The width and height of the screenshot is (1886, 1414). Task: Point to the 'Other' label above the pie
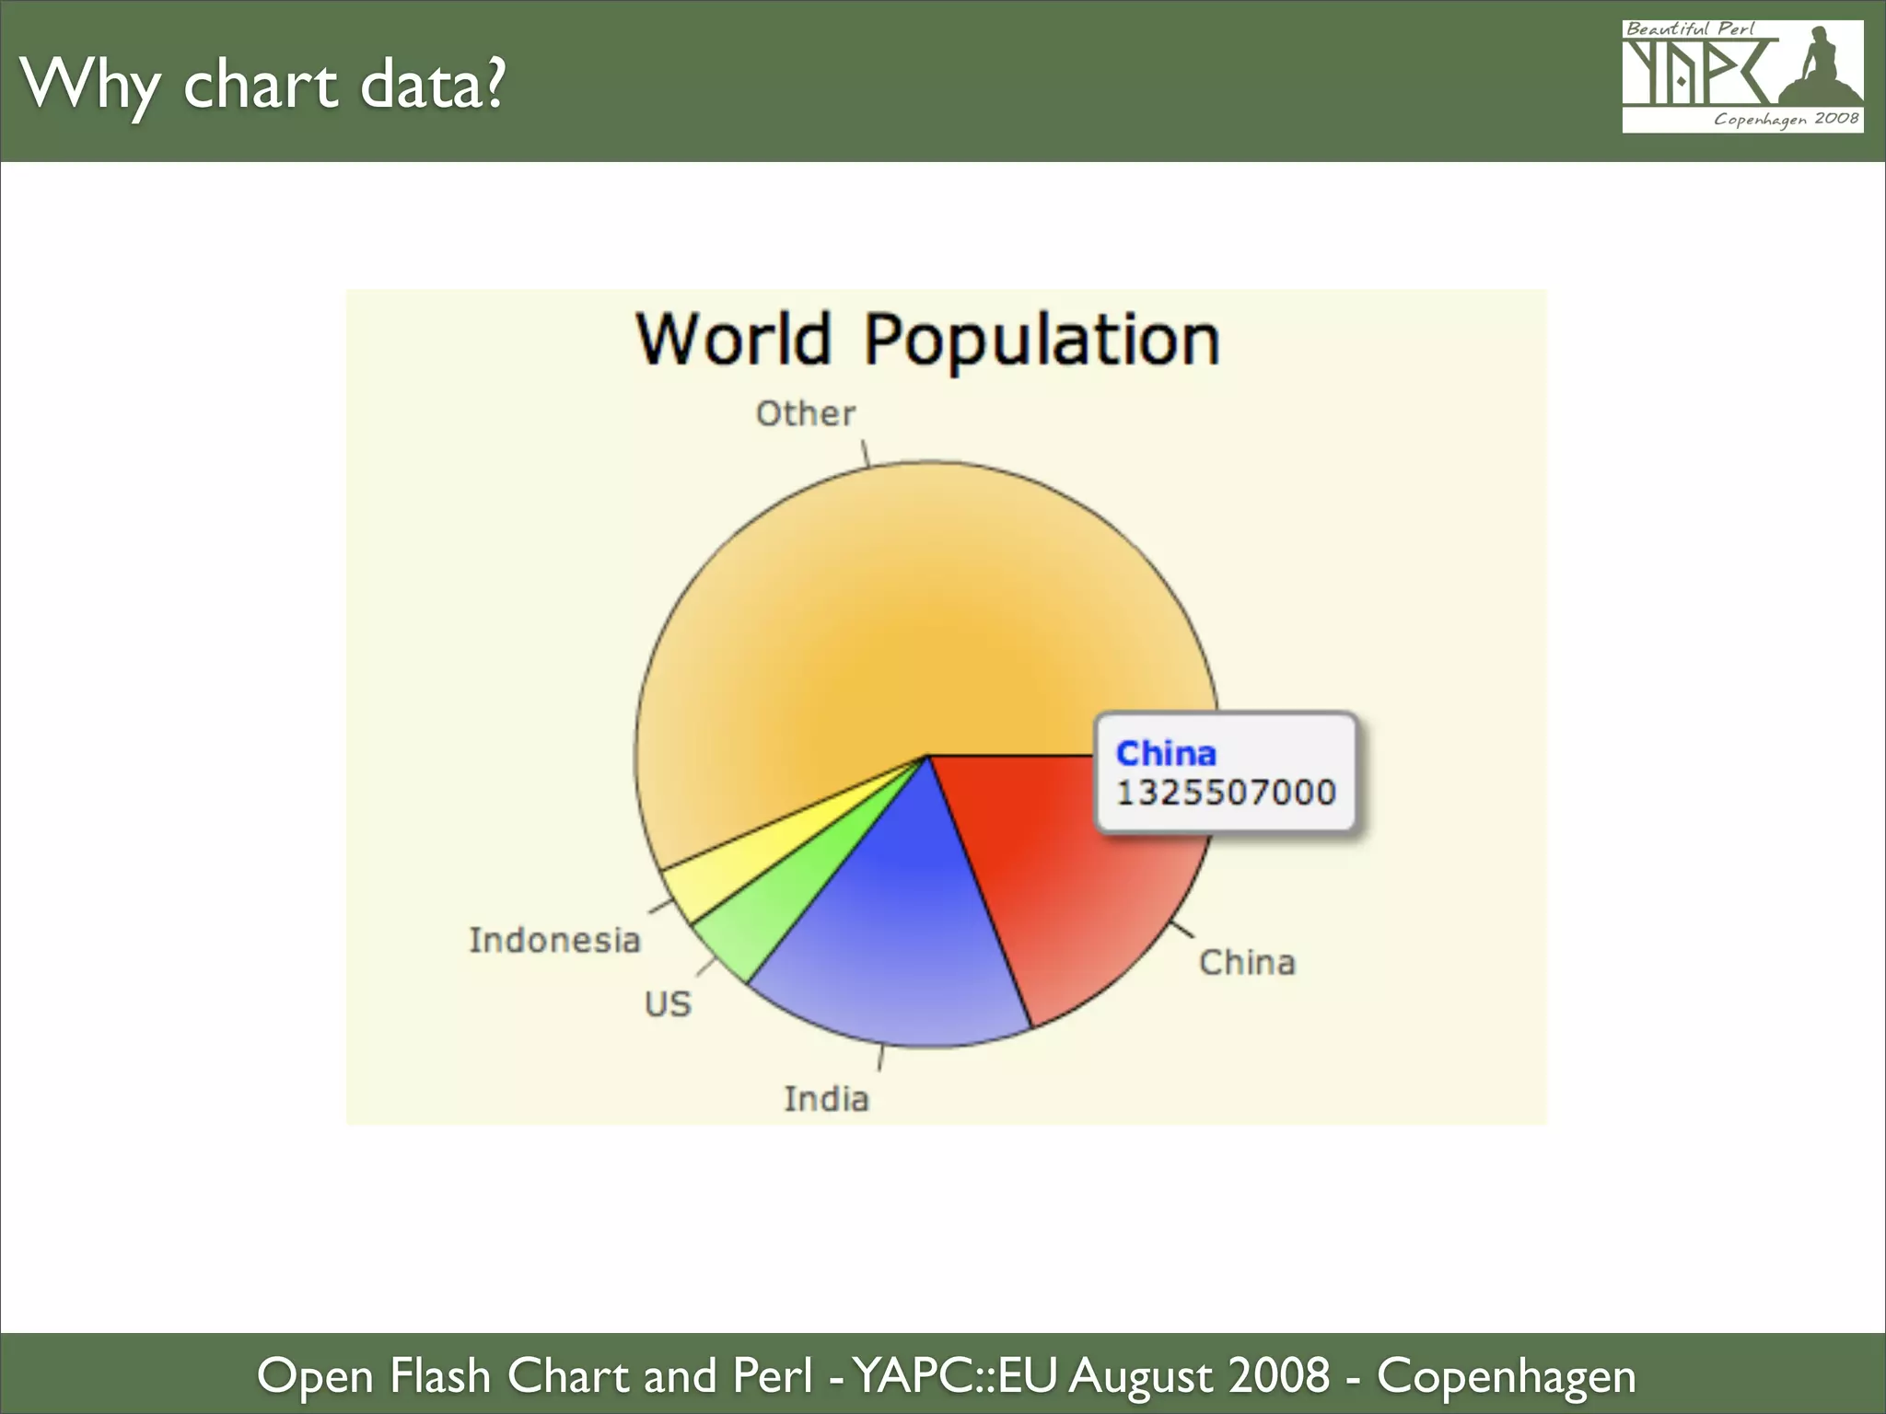(x=806, y=414)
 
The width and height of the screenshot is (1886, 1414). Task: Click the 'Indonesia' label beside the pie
(x=554, y=940)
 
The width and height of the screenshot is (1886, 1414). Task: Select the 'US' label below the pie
(x=668, y=1003)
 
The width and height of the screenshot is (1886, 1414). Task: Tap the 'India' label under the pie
(x=826, y=1098)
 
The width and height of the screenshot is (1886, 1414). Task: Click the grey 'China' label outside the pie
(x=1247, y=962)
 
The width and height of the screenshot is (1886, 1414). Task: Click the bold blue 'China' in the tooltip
(x=1166, y=753)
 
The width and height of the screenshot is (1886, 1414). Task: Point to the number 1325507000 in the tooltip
(x=1226, y=793)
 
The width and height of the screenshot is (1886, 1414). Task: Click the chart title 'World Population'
(x=927, y=340)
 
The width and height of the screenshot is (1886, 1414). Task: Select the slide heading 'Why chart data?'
(x=262, y=85)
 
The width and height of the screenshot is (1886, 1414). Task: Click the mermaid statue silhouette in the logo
(x=1819, y=69)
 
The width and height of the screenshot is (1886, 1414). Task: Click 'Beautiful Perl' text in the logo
(x=1691, y=29)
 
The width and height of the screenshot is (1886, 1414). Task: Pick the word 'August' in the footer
(x=1140, y=1375)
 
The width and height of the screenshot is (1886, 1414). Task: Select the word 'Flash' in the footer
(x=440, y=1375)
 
